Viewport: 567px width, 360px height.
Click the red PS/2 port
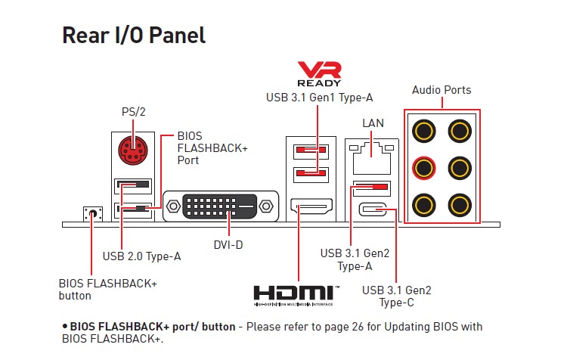133,151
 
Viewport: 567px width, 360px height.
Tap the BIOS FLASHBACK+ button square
92,214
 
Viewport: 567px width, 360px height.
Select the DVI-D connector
221,206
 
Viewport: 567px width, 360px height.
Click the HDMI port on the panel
311,206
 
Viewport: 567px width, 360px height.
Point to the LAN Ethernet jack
372,159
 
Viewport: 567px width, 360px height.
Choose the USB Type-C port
373,209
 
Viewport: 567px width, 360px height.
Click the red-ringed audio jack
424,168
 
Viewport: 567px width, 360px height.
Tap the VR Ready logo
319,74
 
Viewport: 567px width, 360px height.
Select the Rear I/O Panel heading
134,36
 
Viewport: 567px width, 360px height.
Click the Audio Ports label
442,90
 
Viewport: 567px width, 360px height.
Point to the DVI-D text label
228,245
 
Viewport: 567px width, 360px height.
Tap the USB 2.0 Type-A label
141,256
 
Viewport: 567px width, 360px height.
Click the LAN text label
373,123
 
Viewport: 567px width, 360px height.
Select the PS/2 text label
133,112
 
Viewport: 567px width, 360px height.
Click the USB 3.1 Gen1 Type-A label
319,98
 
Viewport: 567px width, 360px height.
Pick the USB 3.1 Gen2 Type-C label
397,296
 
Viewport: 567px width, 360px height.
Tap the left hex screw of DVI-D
173,206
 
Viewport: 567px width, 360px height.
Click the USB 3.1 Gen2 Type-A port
372,188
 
